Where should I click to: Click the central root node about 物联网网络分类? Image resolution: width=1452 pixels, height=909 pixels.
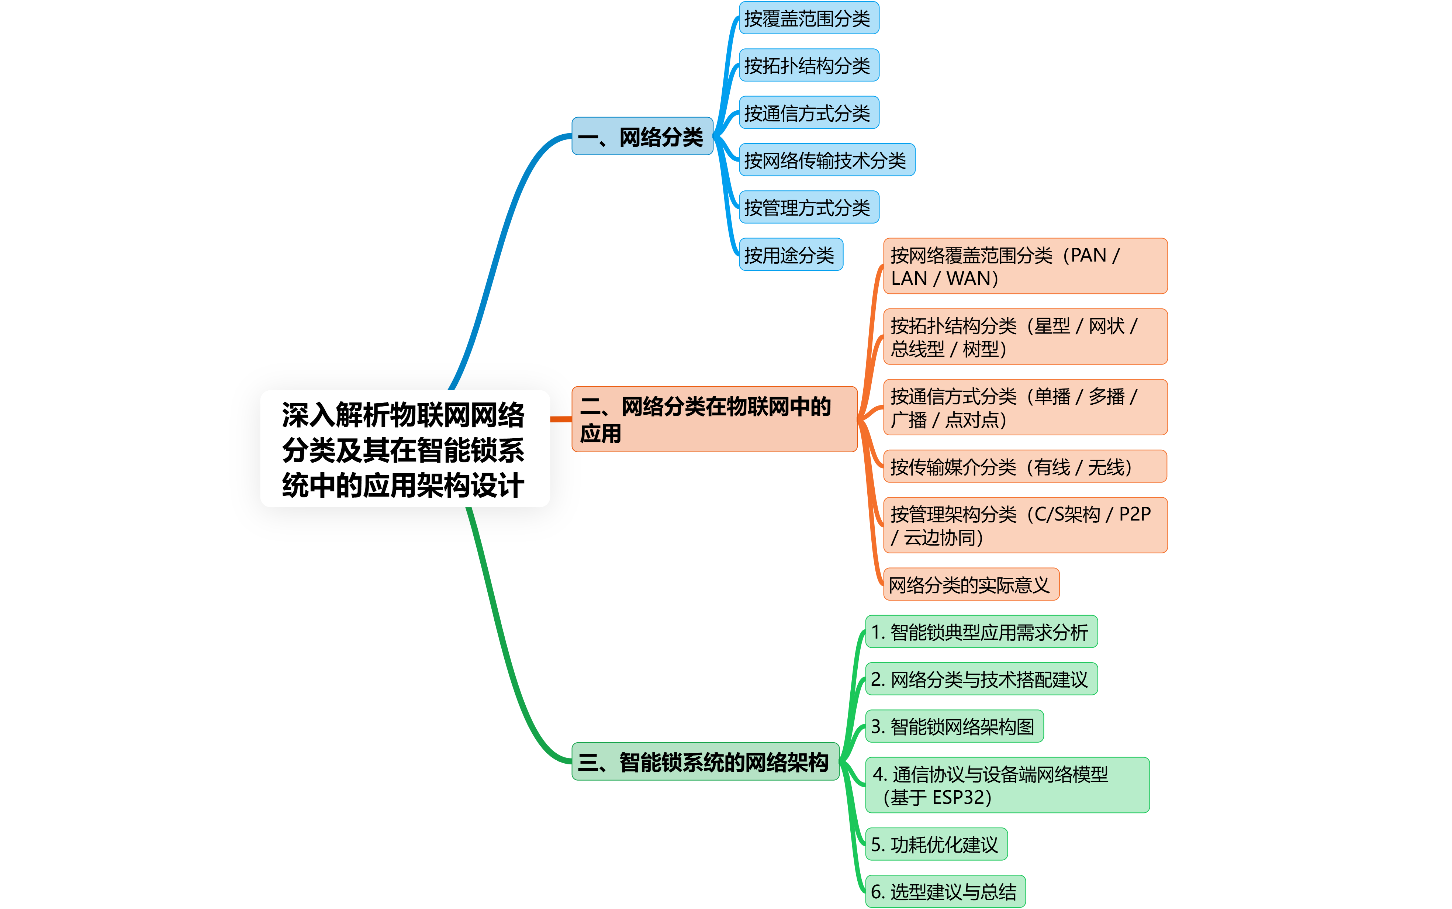click(404, 449)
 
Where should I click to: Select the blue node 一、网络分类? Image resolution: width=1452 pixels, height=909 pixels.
click(642, 136)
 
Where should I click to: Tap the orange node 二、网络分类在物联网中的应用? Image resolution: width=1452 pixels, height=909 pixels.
click(714, 419)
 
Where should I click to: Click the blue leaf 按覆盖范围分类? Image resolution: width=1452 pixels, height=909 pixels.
click(808, 18)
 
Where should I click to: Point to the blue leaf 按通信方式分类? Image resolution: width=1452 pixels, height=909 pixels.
click(808, 113)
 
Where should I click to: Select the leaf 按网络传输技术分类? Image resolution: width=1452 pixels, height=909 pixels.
click(826, 160)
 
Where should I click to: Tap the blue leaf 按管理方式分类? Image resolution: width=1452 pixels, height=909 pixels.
click(808, 207)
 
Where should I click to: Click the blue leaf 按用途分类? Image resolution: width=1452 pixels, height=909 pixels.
click(790, 255)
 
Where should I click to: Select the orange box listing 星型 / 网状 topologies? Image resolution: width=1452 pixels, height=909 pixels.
click(1025, 337)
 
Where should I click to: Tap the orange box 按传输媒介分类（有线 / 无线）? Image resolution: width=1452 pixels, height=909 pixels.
click(1025, 467)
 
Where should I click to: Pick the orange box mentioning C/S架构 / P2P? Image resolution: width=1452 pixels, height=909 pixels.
click(1025, 525)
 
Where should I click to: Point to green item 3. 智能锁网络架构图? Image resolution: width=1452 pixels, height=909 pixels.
click(954, 726)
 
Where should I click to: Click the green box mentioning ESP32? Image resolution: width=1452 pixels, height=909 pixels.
click(1007, 785)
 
